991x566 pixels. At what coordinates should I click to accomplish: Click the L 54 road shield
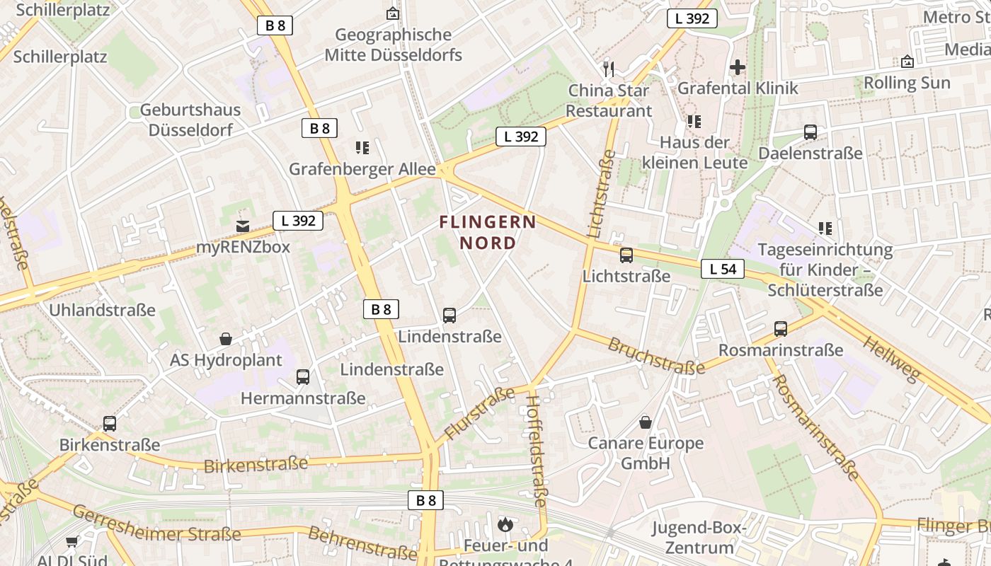point(723,269)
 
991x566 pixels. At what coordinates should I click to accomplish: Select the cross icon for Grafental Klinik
point(738,67)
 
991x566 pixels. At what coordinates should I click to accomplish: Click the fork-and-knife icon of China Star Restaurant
point(608,69)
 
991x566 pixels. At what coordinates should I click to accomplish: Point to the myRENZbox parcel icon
point(243,226)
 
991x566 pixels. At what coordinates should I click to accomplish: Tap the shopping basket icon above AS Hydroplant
point(226,339)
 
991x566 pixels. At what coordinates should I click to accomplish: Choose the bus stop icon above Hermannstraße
point(303,377)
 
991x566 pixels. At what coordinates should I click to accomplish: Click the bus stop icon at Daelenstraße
point(810,132)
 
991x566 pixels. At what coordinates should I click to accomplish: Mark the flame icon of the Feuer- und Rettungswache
point(505,524)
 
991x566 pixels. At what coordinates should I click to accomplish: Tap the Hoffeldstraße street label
point(536,451)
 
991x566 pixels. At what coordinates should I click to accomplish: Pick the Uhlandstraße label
point(102,310)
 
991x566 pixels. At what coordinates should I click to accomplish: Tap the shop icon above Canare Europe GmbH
point(646,423)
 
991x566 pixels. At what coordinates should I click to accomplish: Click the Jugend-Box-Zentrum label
point(699,538)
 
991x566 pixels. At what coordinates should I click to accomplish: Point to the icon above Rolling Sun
point(907,62)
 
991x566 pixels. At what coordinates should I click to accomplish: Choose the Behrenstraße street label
point(362,542)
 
